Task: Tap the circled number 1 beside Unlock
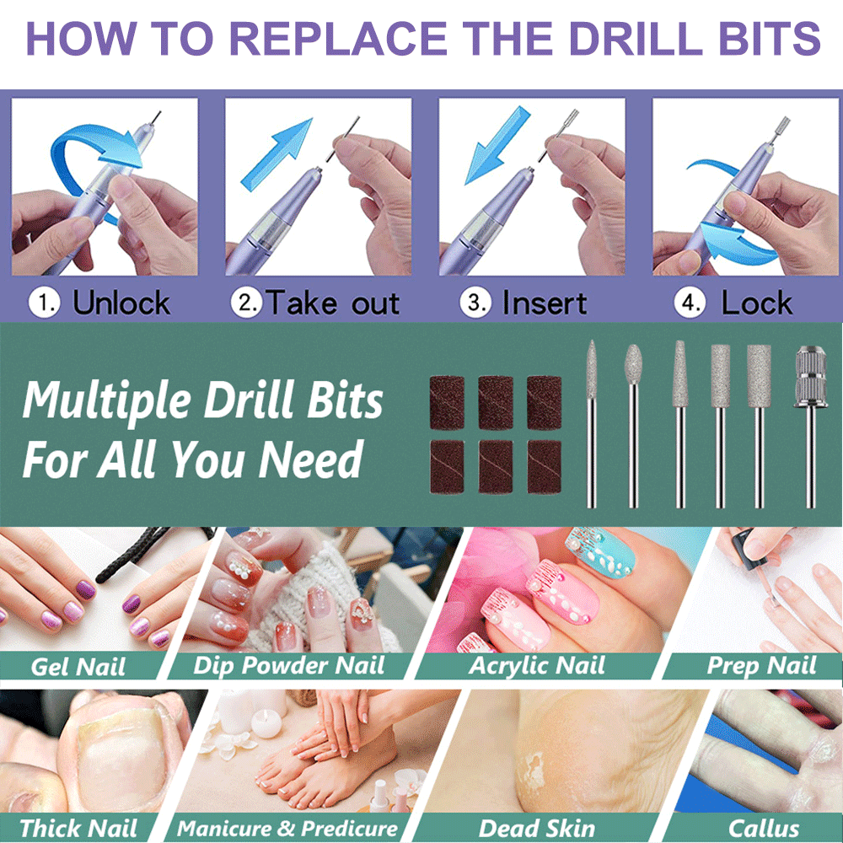tap(44, 302)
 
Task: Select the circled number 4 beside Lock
tap(690, 302)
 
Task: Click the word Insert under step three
tap(545, 303)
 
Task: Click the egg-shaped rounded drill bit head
tap(634, 364)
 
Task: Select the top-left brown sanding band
tap(447, 403)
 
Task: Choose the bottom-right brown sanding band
tap(544, 467)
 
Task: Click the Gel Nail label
tap(78, 667)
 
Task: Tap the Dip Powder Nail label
tap(288, 666)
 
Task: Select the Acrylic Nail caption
tap(536, 666)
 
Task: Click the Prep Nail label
tap(761, 666)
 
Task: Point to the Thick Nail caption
tap(78, 828)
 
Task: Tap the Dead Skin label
tap(536, 828)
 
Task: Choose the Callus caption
tap(764, 828)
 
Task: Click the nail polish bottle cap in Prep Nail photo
tap(744, 544)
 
